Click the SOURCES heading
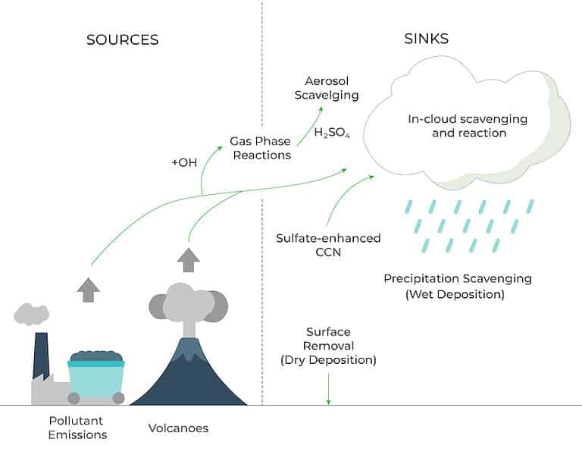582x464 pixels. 123,40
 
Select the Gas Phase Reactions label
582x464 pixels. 261,148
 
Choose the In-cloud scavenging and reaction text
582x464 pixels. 468,126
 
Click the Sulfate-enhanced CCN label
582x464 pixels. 328,245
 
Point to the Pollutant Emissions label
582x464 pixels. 77,428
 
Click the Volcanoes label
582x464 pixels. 178,428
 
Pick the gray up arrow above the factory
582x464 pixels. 89,289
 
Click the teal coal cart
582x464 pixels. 95,375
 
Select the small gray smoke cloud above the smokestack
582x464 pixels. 32,312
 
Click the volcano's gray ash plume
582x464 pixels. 188,303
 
